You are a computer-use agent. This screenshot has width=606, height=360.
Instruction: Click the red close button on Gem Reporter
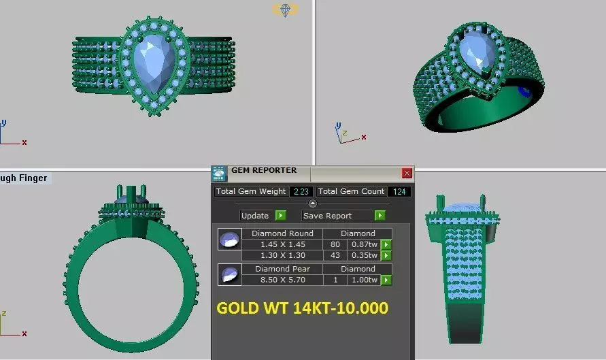click(407, 173)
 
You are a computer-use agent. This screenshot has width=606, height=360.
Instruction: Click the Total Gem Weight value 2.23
click(301, 192)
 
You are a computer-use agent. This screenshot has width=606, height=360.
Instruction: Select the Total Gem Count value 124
click(399, 192)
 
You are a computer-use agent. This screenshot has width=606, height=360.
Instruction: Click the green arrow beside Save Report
click(380, 216)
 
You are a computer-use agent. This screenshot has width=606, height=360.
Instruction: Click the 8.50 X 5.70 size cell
click(283, 280)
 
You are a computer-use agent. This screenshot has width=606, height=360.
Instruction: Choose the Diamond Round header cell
click(283, 233)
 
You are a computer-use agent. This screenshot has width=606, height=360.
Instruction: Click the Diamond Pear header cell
click(283, 269)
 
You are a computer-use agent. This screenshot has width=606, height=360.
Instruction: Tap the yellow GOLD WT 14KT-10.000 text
click(302, 308)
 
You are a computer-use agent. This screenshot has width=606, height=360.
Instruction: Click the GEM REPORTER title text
click(264, 171)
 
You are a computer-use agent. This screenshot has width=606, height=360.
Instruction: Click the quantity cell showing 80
click(335, 244)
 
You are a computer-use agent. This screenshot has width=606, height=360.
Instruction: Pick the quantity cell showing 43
click(335, 255)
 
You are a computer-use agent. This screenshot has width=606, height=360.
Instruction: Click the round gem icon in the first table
click(228, 240)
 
